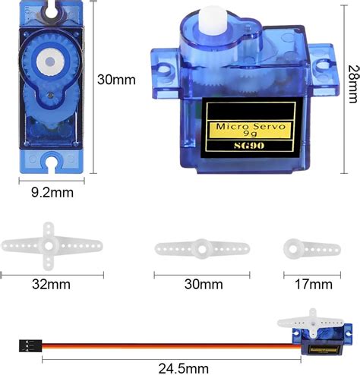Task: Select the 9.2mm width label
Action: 52,193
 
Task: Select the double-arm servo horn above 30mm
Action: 203,248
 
